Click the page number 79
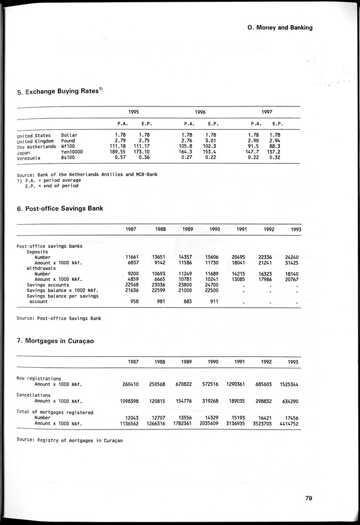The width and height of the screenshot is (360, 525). point(308,498)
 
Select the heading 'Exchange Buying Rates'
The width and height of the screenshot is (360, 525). point(63,91)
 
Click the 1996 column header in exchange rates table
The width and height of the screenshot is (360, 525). point(201,113)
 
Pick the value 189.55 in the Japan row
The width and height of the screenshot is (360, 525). point(123,152)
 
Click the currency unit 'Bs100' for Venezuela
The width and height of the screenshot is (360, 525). point(69,158)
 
